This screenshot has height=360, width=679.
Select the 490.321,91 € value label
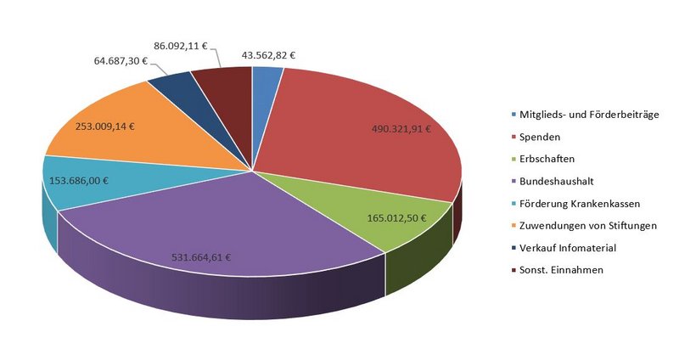pos(401,130)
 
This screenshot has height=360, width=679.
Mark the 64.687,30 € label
pos(118,61)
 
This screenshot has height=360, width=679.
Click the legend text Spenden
pos(539,136)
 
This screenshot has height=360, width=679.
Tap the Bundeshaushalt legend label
pos(555,181)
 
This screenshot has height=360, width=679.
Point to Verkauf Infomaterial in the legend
pos(564,247)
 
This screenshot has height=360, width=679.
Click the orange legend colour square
pos(512,225)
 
